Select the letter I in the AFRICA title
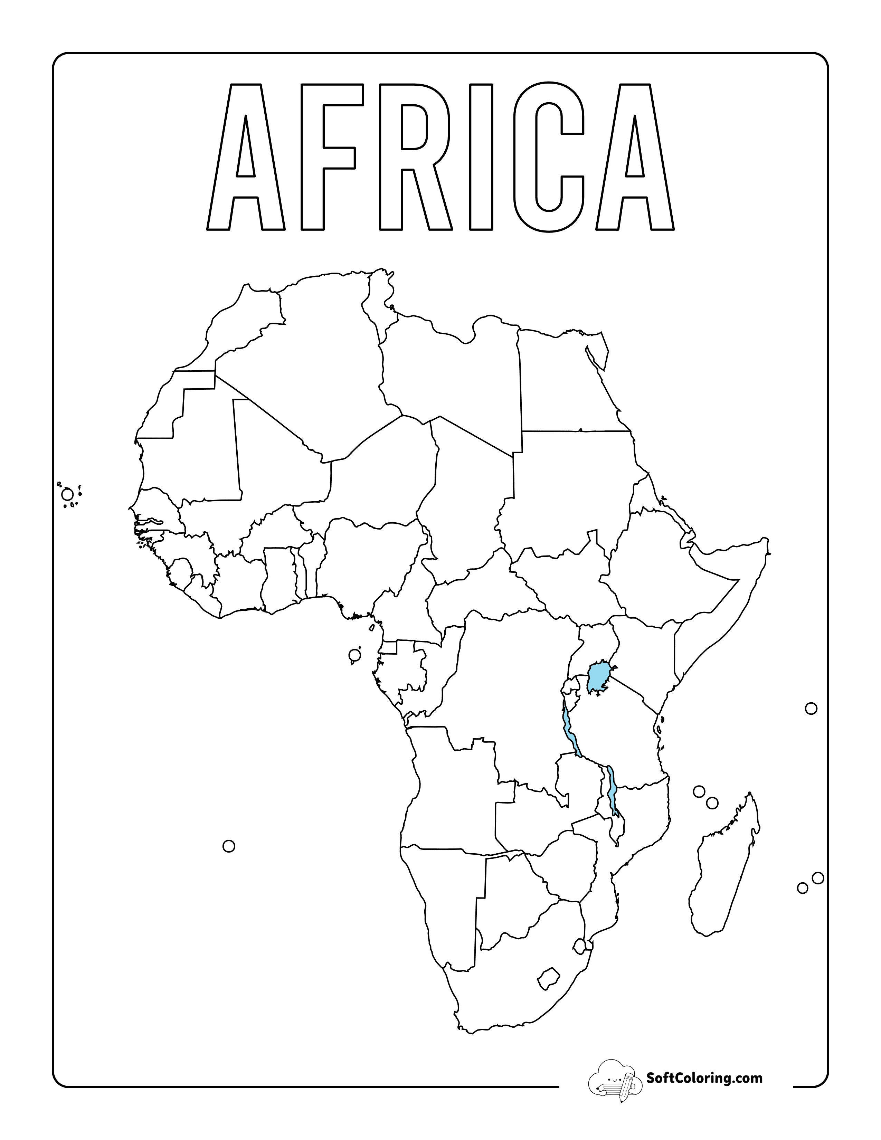pos(481,156)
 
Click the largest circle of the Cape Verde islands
pos(67,494)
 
